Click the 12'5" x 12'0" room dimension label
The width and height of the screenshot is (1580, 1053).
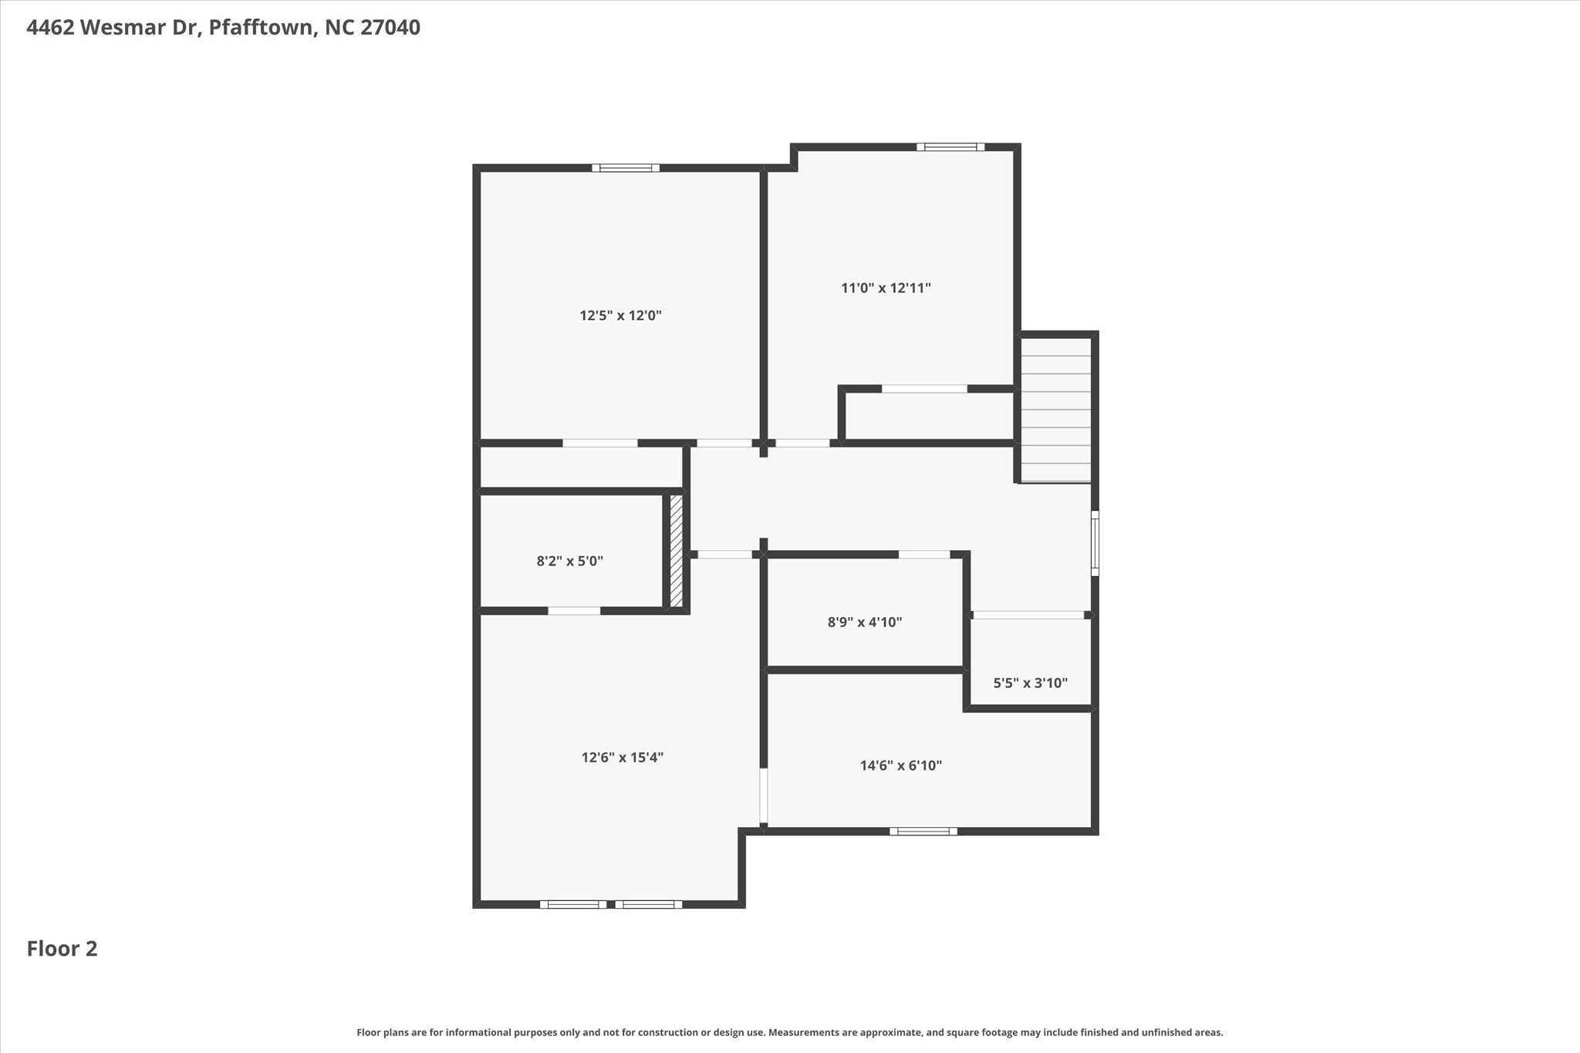point(621,316)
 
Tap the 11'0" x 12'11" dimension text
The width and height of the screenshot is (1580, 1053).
point(886,289)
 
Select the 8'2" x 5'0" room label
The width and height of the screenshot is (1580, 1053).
point(570,562)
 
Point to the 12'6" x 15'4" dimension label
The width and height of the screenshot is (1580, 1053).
point(623,758)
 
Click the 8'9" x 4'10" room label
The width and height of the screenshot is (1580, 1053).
point(865,622)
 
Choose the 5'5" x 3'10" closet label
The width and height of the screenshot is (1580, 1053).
point(1030,683)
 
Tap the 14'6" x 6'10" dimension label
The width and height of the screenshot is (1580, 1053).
point(901,766)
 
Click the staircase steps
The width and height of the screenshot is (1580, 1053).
point(1055,410)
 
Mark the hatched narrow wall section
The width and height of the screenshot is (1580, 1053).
point(677,551)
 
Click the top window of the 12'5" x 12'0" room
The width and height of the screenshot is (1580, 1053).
point(626,167)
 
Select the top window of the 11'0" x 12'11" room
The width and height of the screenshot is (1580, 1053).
point(950,147)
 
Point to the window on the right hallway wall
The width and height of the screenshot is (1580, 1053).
point(1095,543)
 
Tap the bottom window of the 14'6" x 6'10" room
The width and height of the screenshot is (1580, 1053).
point(923,831)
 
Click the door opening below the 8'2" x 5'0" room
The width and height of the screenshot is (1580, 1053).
point(574,611)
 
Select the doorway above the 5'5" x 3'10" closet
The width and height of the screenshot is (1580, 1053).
point(1028,615)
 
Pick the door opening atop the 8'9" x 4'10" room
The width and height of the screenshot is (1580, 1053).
point(924,554)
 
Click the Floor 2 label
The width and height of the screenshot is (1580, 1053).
point(62,949)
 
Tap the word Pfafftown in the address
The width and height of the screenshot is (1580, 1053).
point(262,28)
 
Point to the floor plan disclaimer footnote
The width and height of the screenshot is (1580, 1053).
point(790,1032)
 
